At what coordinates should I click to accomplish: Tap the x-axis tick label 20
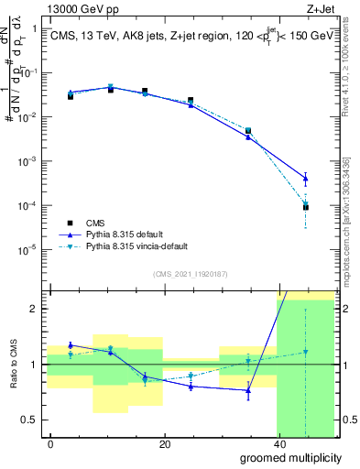point(164,443)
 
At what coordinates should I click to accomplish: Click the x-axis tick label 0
point(50,443)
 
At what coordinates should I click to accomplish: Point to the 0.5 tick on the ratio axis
point(31,420)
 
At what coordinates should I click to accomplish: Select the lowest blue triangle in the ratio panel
point(248,391)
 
